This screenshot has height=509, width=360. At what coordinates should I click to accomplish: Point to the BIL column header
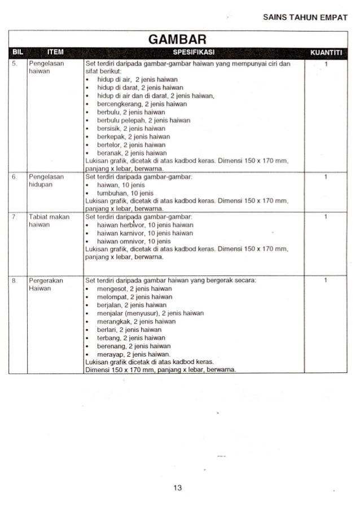pos(16,53)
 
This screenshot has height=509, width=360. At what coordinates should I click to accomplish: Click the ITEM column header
pos(55,53)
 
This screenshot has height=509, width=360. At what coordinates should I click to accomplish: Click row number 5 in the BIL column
pos(14,64)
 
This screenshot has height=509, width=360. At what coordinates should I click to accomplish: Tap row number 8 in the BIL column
pos(14,280)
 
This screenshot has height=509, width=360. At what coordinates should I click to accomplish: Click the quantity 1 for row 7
pos(326,216)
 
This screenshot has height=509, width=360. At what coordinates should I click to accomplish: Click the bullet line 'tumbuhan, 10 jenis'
pos(121,192)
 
